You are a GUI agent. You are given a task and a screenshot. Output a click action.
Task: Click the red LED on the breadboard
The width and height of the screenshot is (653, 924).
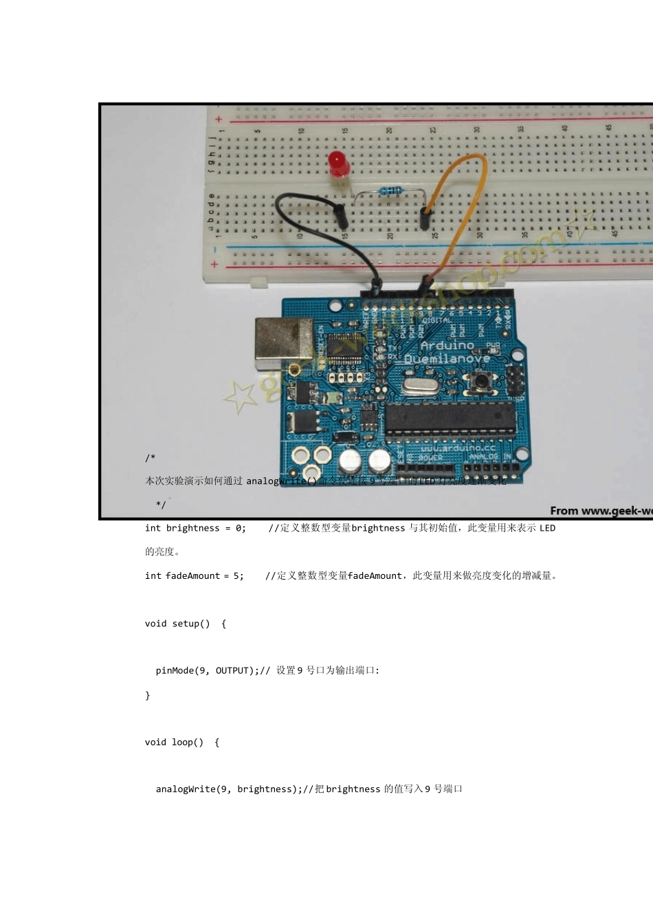pyautogui.click(x=338, y=164)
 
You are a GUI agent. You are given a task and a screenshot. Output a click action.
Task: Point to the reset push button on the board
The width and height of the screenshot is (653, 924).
pyautogui.click(x=483, y=380)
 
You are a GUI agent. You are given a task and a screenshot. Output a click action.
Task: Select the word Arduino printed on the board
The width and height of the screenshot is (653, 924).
pyautogui.click(x=447, y=345)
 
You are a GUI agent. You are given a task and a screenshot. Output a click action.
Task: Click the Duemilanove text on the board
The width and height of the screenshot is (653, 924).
pyautogui.click(x=447, y=359)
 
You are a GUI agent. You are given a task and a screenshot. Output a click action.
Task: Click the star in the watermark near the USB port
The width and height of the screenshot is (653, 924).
pyautogui.click(x=240, y=397)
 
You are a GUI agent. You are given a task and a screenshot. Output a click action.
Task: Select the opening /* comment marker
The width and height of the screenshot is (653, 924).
pyautogui.click(x=150, y=458)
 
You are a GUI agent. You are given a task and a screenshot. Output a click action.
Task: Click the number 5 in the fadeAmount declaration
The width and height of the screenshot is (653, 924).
pyautogui.click(x=236, y=576)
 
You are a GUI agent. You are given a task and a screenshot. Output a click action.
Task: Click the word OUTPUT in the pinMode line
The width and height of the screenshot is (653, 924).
pyautogui.click(x=232, y=671)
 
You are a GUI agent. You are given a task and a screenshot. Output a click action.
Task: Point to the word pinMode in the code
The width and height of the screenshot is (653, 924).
pyautogui.click(x=175, y=671)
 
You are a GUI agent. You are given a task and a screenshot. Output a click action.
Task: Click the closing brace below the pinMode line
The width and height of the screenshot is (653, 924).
pyautogui.click(x=148, y=696)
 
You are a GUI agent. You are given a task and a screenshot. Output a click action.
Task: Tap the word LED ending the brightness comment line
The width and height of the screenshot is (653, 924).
pyautogui.click(x=547, y=528)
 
